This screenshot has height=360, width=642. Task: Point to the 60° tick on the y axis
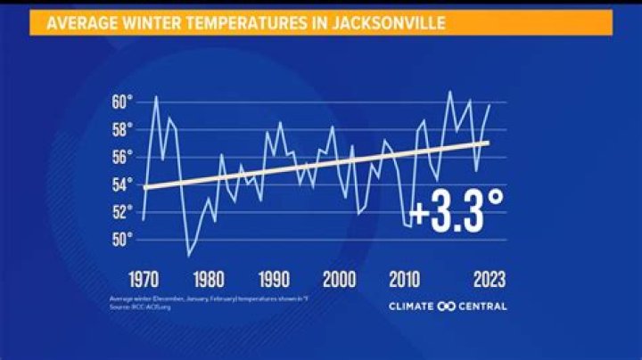point(123,102)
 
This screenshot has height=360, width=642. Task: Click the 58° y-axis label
point(123,129)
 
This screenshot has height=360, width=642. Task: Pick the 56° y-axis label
point(123,157)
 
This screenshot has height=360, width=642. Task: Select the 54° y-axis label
point(123,184)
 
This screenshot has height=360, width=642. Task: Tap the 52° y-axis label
point(123,212)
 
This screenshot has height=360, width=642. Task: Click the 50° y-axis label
point(123,239)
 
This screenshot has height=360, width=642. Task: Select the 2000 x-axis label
point(340,279)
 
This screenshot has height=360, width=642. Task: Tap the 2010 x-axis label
point(407,279)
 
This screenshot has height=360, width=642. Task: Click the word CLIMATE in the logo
point(412,307)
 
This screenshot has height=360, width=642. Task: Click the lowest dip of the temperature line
point(188,256)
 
